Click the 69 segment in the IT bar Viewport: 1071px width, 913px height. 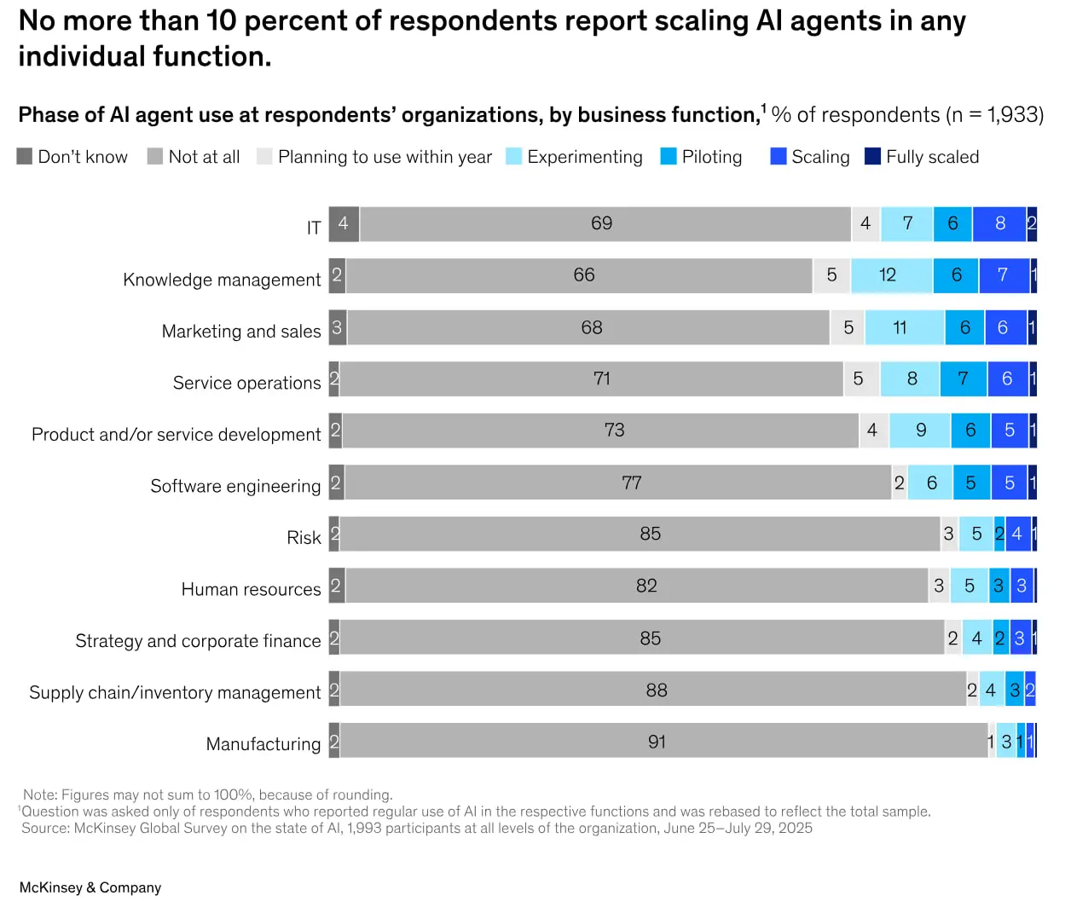tap(605, 224)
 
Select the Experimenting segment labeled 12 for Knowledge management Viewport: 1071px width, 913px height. tap(891, 275)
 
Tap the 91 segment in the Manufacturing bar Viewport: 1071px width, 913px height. tap(663, 741)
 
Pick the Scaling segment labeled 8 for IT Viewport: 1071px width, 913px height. tap(999, 224)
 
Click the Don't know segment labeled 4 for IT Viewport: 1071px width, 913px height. tap(344, 224)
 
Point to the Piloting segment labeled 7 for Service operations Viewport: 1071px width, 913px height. tap(964, 379)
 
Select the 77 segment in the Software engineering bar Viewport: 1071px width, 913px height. tap(617, 483)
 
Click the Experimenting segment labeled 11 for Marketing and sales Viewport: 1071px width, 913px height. tap(904, 327)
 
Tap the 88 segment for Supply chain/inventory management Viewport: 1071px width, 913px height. tap(653, 689)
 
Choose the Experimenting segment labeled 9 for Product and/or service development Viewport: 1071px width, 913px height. tap(920, 430)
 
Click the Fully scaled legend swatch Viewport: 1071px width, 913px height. tap(872, 156)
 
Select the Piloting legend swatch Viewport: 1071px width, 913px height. tap(669, 156)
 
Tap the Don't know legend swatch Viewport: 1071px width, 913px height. tap(25, 156)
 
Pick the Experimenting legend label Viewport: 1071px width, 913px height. tap(585, 156)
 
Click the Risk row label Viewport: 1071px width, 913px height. tap(304, 538)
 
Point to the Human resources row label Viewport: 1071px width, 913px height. tap(252, 589)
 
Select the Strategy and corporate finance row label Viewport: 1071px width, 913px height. tap(198, 641)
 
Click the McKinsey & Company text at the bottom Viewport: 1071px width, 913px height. tap(90, 887)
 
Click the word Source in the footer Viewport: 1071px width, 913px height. tap(44, 828)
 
